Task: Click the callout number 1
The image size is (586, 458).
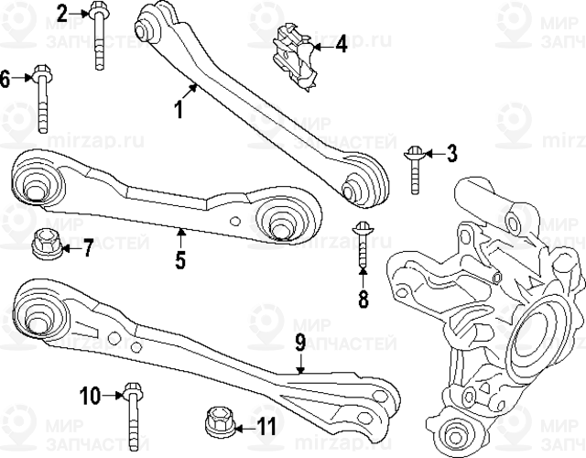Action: point(179,111)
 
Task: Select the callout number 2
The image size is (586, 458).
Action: point(62,13)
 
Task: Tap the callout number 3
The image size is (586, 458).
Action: point(450,153)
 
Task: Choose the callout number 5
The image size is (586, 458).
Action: point(180,259)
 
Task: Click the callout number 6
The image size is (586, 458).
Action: point(5,79)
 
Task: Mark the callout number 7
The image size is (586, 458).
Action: point(89,247)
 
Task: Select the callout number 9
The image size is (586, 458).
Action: point(299,344)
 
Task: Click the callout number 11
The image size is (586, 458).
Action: point(266,426)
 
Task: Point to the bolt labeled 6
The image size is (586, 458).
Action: point(42,96)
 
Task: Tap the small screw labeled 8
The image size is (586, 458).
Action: point(362,245)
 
